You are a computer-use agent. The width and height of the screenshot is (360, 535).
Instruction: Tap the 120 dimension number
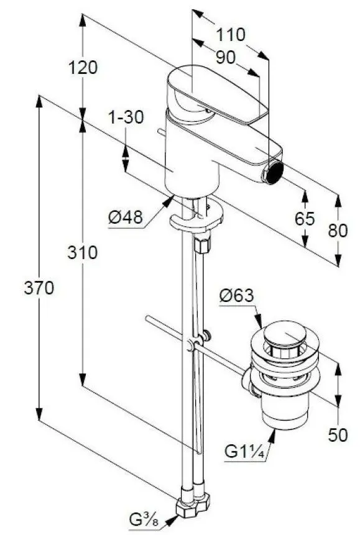click(x=83, y=67)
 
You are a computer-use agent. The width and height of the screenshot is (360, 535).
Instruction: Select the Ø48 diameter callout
click(x=126, y=217)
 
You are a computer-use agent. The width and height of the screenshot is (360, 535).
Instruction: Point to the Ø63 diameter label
click(x=236, y=296)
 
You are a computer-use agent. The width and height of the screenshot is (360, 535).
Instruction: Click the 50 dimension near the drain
click(x=338, y=436)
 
